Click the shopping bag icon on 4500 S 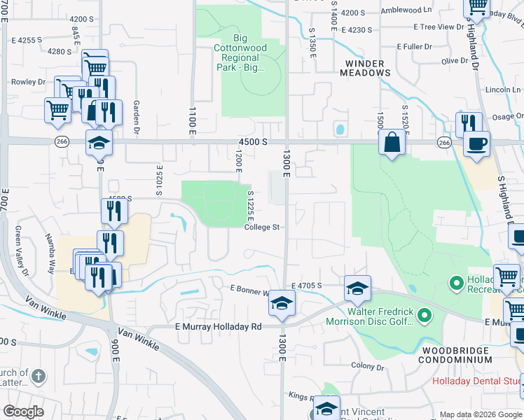[393, 143]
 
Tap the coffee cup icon [477, 144]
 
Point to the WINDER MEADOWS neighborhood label [365, 67]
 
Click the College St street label [262, 227]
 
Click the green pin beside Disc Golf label [425, 316]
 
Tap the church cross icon [39, 377]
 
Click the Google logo [24, 412]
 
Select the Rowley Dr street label [28, 82]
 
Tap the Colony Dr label [368, 367]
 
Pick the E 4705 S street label [307, 286]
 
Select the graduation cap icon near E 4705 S [357, 288]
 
